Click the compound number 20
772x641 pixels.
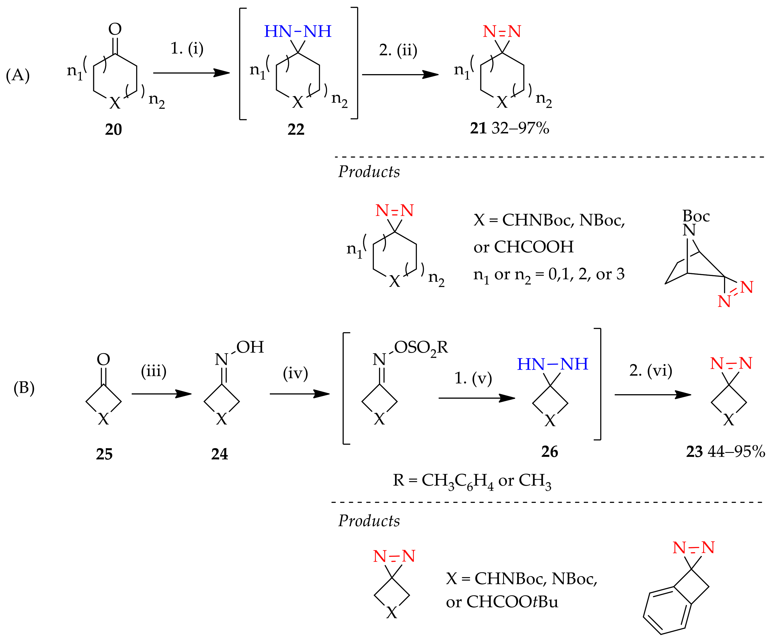tap(113, 129)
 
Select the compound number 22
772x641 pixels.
tap(296, 129)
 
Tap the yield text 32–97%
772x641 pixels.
tap(520, 128)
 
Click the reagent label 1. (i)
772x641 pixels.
tap(187, 48)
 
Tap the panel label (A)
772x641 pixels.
tap(18, 76)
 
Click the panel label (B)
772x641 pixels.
tap(24, 388)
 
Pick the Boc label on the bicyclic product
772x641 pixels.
tap(696, 216)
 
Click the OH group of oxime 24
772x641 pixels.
tap(250, 347)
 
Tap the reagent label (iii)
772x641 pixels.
tap(154, 371)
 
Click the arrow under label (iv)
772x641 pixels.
tap(299, 394)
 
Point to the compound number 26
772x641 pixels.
tap(550, 451)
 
